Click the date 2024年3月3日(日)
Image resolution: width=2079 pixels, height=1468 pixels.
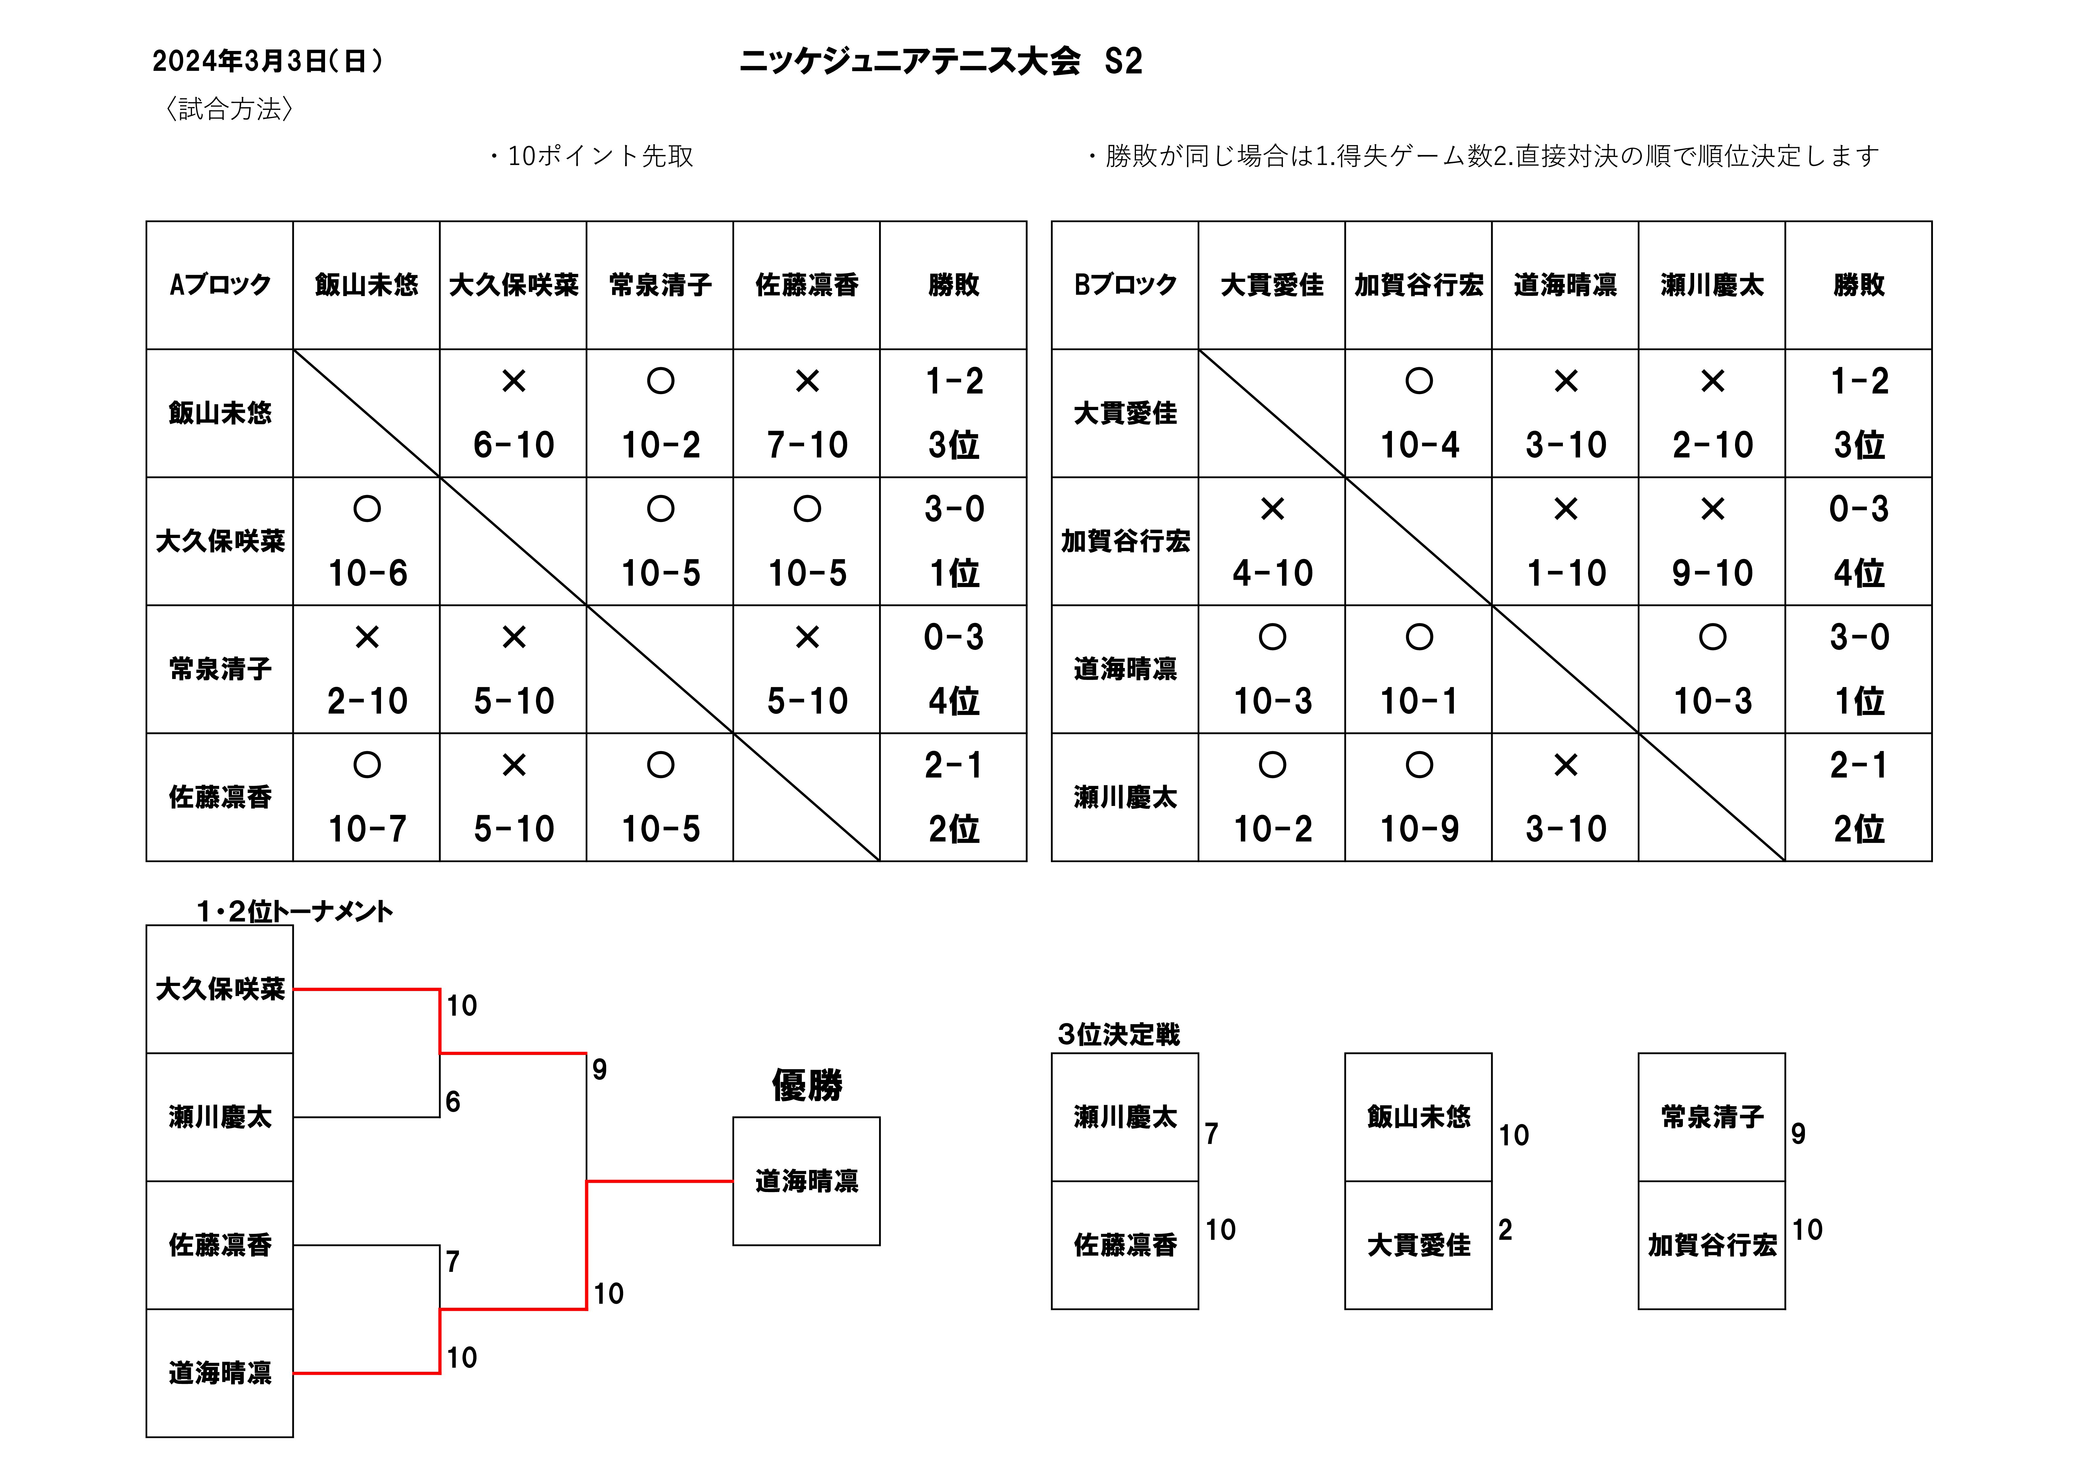[x=268, y=61]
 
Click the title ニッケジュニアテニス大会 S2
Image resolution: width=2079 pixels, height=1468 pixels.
[x=941, y=61]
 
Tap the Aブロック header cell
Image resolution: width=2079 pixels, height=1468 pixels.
[x=220, y=285]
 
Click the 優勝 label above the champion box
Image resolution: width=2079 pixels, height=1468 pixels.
[x=807, y=1084]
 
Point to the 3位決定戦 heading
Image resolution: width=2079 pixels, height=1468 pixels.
[x=1119, y=1034]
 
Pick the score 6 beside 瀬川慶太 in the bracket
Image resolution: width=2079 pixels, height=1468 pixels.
[x=453, y=1101]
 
